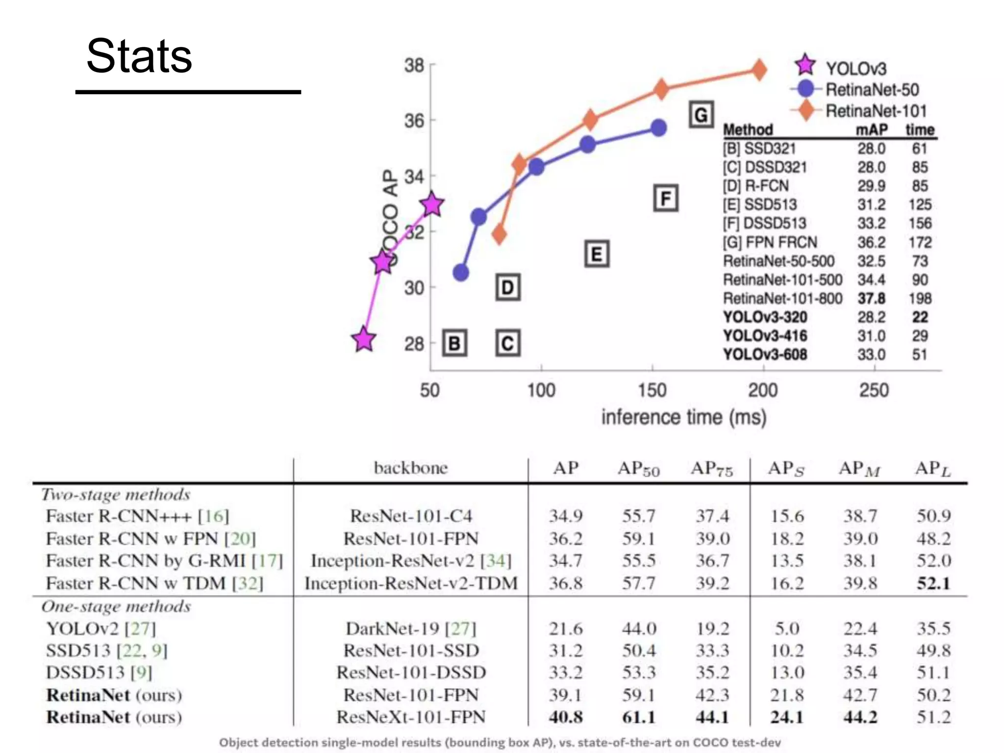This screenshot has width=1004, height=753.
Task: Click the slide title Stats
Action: [x=139, y=56]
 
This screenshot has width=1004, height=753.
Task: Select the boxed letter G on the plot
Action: [x=701, y=115]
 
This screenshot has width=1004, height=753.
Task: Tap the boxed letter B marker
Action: [x=454, y=343]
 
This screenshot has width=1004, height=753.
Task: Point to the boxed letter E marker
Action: [x=597, y=254]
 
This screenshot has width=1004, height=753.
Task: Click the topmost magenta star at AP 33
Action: [x=432, y=204]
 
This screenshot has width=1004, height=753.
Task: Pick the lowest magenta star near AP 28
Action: [x=364, y=339]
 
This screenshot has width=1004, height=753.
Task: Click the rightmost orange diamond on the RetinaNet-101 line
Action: [x=759, y=70]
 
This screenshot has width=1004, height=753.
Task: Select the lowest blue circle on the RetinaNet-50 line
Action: [x=461, y=272]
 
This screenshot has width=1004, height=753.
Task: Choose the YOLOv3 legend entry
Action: [x=855, y=69]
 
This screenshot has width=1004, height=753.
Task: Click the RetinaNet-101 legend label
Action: [x=876, y=111]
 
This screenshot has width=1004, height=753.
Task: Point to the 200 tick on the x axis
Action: [x=763, y=390]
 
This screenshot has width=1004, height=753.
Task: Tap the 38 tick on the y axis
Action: [x=414, y=65]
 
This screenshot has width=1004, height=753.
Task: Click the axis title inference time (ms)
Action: [x=684, y=417]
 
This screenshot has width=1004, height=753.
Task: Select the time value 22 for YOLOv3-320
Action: [x=920, y=317]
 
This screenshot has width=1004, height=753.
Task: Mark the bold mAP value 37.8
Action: [x=871, y=299]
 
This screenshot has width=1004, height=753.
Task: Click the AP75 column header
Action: [x=711, y=469]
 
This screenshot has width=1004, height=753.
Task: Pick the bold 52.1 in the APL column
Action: [x=933, y=583]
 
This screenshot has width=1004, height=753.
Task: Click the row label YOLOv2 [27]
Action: [x=101, y=628]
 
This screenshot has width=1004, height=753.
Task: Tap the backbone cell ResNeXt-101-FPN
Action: [x=411, y=717]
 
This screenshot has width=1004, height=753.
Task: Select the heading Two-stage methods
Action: [x=116, y=494]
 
